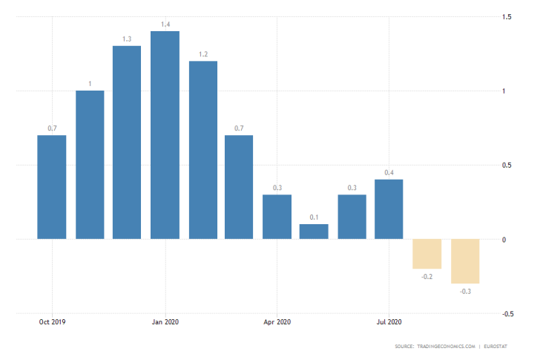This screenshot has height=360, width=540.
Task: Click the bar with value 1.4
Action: click(x=165, y=135)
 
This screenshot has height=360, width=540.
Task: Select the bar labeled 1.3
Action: click(x=127, y=143)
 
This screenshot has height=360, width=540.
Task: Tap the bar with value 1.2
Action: click(x=202, y=150)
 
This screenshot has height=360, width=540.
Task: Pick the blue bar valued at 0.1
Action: click(x=314, y=232)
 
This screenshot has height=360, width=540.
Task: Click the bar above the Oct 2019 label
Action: click(x=52, y=187)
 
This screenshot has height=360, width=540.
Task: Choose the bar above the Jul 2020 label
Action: click(x=389, y=209)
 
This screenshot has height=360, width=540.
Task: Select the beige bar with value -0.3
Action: click(x=465, y=261)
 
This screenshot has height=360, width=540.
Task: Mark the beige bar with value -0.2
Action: click(x=427, y=254)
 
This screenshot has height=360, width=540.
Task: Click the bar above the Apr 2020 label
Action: click(x=277, y=217)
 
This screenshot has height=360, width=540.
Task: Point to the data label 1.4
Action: click(x=165, y=24)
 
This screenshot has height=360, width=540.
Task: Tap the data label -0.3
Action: click(x=465, y=291)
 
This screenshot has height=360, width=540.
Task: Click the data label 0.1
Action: click(x=314, y=217)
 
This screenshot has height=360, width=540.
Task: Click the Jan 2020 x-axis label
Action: click(x=165, y=322)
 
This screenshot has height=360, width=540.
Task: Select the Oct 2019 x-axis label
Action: click(x=52, y=322)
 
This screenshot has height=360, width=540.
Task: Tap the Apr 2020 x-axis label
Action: click(x=277, y=322)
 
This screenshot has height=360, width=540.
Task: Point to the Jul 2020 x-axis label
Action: click(x=389, y=322)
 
